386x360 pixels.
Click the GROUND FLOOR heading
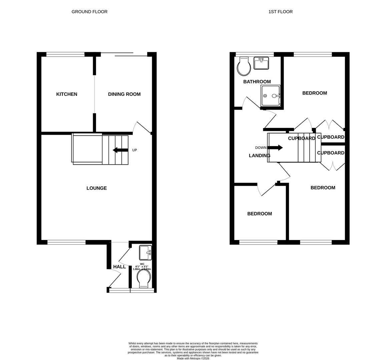click(89, 12)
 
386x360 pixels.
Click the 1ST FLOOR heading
click(280, 12)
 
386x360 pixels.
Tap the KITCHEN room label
click(67, 94)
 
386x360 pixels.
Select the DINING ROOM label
click(124, 94)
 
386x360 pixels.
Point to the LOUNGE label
click(96, 188)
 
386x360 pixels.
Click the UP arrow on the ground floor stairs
click(120, 150)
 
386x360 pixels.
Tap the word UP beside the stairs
click(134, 150)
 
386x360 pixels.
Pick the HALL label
click(119, 267)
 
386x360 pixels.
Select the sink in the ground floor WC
click(145, 253)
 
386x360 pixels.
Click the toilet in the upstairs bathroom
click(244, 66)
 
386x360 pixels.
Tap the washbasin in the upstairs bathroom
click(261, 63)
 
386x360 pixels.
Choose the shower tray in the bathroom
click(271, 96)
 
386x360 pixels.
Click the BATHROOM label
click(257, 82)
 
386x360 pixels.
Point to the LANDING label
click(260, 156)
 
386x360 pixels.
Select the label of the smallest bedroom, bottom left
click(259, 214)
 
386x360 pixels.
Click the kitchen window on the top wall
click(65, 54)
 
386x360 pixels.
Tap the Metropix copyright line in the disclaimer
click(193, 358)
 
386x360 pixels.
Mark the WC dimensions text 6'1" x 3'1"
click(142, 266)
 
